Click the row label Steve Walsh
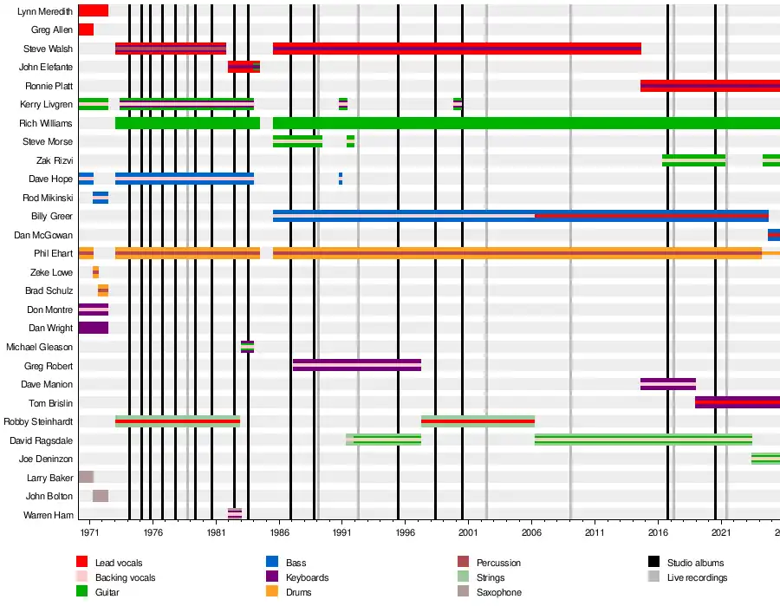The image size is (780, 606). pyautogui.click(x=48, y=49)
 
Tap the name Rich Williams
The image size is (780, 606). pyautogui.click(x=47, y=123)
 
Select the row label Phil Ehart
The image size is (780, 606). pyautogui.click(x=53, y=253)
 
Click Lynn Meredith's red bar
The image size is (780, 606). pyautogui.click(x=93, y=10)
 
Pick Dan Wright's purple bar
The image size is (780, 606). pyautogui.click(x=93, y=328)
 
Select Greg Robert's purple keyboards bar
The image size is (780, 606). pyautogui.click(x=356, y=365)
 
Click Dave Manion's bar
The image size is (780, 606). pyautogui.click(x=667, y=384)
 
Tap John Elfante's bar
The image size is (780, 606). pyautogui.click(x=244, y=67)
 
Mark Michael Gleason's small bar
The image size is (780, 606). pyautogui.click(x=247, y=347)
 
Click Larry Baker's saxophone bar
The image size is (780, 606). pyautogui.click(x=86, y=477)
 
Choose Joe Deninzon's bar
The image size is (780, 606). pyautogui.click(x=765, y=459)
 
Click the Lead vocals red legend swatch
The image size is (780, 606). pyautogui.click(x=82, y=563)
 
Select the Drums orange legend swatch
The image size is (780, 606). pyautogui.click(x=272, y=592)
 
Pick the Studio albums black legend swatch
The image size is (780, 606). pyautogui.click(x=653, y=563)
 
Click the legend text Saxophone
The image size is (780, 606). pyautogui.click(x=499, y=592)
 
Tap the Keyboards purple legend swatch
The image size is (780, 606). pyautogui.click(x=272, y=577)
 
